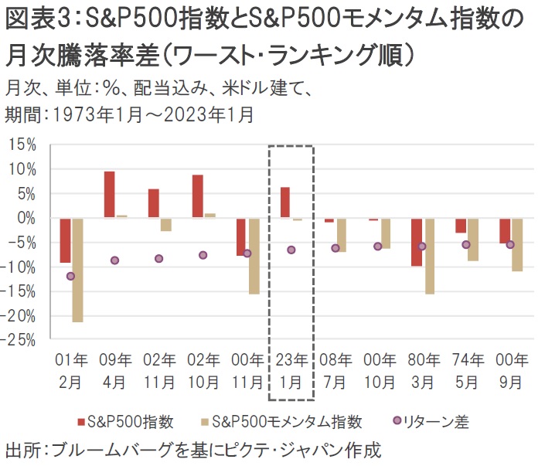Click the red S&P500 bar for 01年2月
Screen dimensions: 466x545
pos(66,240)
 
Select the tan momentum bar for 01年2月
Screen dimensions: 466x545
pos(77,270)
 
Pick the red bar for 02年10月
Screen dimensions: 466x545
pos(198,196)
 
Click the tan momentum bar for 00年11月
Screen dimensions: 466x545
pos(254,256)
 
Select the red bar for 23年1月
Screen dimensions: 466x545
pos(285,202)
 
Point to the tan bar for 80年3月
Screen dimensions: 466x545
pos(429,256)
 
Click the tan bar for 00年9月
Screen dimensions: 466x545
pos(517,244)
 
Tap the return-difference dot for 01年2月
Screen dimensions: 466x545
pos(71,276)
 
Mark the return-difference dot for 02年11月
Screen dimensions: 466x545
pos(159,258)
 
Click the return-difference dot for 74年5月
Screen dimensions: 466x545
pos(466,244)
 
